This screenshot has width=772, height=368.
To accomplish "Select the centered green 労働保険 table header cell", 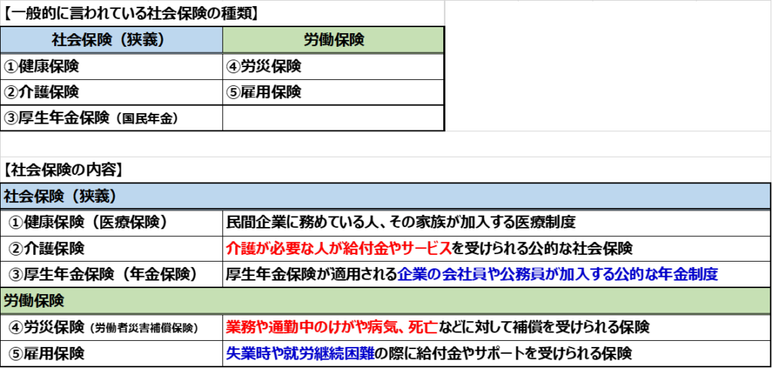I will pos(333,40).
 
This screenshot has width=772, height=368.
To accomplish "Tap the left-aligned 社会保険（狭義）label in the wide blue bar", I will pos(60,197).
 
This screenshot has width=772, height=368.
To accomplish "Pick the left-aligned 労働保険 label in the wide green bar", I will pos(34,300).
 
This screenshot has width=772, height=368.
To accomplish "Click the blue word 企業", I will pos(410,274).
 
